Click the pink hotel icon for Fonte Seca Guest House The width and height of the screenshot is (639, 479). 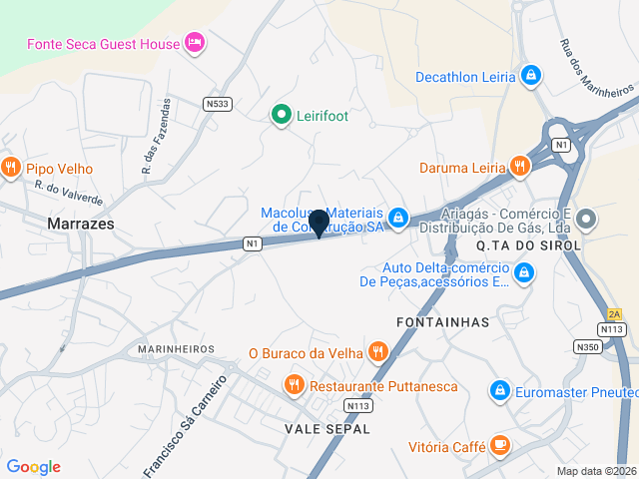(194, 43)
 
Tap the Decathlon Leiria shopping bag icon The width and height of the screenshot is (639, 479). (531, 76)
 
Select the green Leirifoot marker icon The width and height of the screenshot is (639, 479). (281, 116)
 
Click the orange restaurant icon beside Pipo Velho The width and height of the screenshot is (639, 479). (11, 167)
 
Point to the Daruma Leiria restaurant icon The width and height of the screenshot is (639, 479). (518, 166)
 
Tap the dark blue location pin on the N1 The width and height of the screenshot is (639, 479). (319, 224)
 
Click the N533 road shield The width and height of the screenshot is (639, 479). (217, 103)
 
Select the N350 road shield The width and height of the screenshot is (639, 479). (588, 346)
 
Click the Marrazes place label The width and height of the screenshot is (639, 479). (80, 225)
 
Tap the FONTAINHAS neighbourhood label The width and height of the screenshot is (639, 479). (442, 322)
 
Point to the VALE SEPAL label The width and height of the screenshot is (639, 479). (327, 428)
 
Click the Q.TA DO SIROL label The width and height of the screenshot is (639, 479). (528, 245)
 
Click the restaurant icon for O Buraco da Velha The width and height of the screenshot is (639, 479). (377, 351)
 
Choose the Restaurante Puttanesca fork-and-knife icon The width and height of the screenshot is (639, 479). (294, 384)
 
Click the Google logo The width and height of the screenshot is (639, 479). (33, 466)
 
